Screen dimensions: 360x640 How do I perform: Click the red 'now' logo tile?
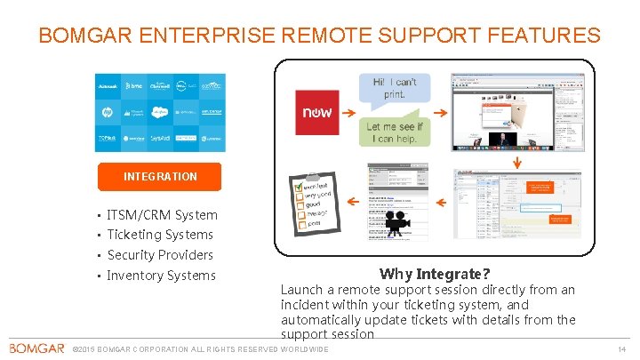click(x=317, y=112)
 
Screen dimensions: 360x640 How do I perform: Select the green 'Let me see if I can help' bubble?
click(x=395, y=132)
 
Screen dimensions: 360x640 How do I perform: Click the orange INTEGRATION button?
click(x=160, y=176)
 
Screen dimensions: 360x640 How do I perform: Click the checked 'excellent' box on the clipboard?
click(x=300, y=188)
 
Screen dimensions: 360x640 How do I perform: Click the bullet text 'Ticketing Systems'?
click(x=160, y=235)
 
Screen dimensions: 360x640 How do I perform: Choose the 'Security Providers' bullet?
click(x=160, y=255)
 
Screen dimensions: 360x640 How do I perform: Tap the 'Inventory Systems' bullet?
click(x=161, y=276)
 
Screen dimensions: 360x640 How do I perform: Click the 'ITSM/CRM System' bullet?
click(x=162, y=214)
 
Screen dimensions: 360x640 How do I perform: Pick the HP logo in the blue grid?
click(x=108, y=112)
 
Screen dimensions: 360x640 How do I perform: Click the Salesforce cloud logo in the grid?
click(x=160, y=112)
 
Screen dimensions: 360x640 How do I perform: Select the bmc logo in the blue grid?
click(x=134, y=86)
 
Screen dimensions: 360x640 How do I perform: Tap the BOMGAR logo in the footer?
click(x=36, y=348)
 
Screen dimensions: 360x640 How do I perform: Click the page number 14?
click(x=621, y=348)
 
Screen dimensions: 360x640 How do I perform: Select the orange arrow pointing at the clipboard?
click(x=354, y=202)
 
